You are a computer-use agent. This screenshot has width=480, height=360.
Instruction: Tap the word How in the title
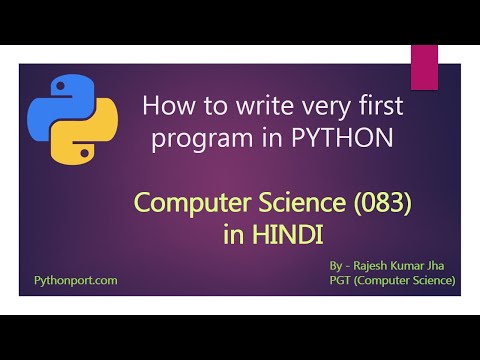coord(168,105)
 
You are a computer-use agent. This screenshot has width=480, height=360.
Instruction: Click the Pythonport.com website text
coord(76,281)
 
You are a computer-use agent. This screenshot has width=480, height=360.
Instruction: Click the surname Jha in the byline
coord(445,265)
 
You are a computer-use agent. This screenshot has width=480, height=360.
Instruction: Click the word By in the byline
coord(336,265)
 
